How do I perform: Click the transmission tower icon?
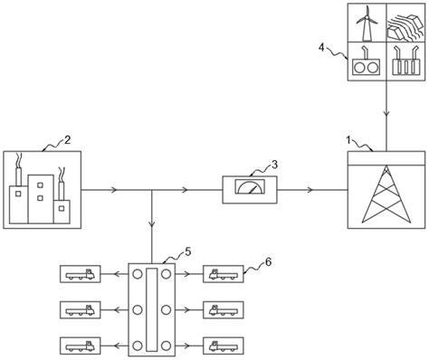(x=386, y=198)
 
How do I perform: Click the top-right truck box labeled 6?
(x=223, y=272)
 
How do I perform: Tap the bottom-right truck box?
(x=223, y=345)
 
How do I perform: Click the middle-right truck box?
(x=223, y=308)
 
